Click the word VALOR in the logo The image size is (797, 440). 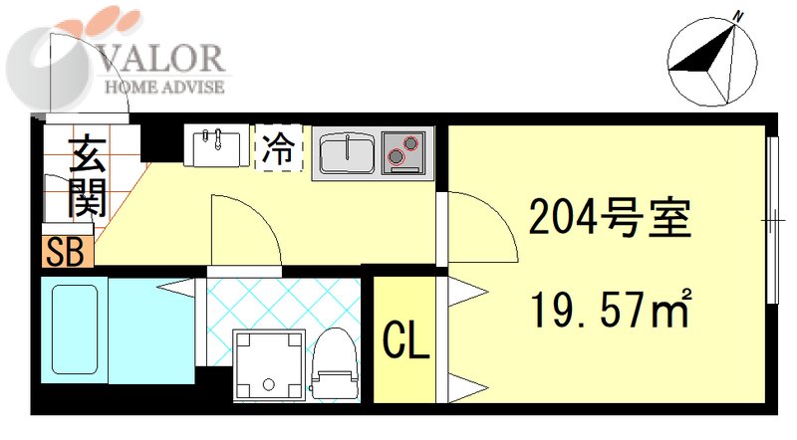pyautogui.click(x=165, y=59)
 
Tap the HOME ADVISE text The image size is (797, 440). pyautogui.click(x=164, y=87)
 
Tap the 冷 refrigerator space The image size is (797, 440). pyautogui.click(x=279, y=149)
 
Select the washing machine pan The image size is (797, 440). pyautogui.click(x=267, y=364)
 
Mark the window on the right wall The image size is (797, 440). pyautogui.click(x=773, y=216)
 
